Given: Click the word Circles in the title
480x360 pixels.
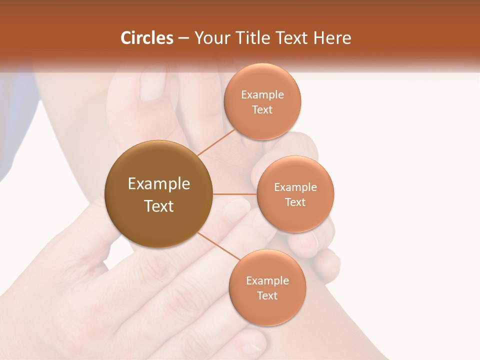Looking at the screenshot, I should tap(147, 38).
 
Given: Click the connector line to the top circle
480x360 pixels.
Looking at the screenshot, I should tap(216, 142).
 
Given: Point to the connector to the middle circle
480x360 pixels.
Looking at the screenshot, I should tap(234, 194).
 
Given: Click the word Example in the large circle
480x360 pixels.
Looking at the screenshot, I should tap(159, 184).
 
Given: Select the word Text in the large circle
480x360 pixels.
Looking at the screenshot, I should tap(159, 206).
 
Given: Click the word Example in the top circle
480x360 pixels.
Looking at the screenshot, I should tap(262, 94).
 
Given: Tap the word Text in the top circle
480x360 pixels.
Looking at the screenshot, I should tap(262, 109).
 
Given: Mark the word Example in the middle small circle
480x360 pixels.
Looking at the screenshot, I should tap(295, 187).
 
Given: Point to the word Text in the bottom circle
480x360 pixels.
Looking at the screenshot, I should tap(267, 295).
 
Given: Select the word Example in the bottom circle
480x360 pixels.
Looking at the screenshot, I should tap(267, 280).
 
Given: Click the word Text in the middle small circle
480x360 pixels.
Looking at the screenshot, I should tap(295, 202).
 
